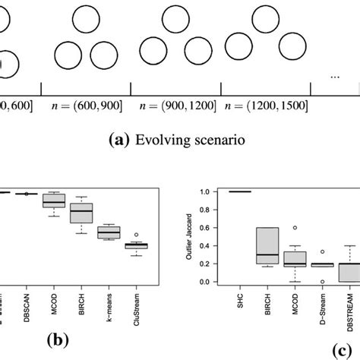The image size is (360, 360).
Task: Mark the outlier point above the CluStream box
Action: [136, 235]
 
